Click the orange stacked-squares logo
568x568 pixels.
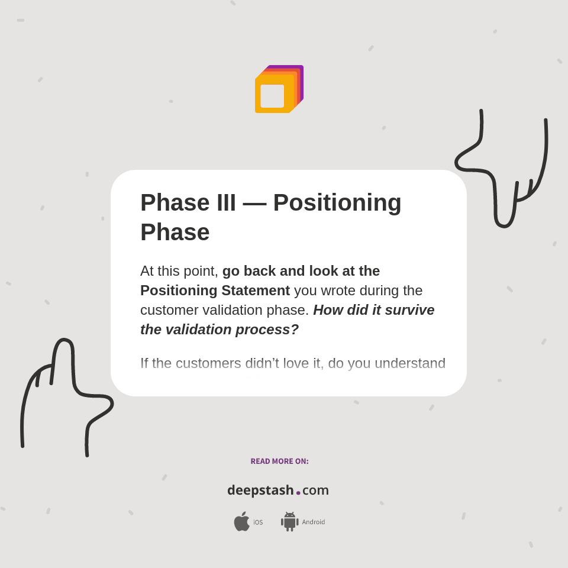tap(279, 89)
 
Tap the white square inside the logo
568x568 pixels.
tap(272, 96)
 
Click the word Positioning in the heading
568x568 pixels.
tap(337, 202)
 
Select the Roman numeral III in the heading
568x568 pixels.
tap(226, 202)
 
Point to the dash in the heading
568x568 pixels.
tap(254, 203)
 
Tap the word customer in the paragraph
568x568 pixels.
tap(169, 310)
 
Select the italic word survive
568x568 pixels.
tap(409, 310)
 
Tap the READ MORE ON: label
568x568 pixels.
tap(279, 461)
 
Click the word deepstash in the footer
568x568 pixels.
tap(260, 490)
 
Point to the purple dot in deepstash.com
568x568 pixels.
tap(298, 493)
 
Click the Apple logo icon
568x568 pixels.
tap(241, 521)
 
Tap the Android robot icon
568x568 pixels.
tap(289, 521)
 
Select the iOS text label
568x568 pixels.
tap(258, 522)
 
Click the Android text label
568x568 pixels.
tap(313, 522)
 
